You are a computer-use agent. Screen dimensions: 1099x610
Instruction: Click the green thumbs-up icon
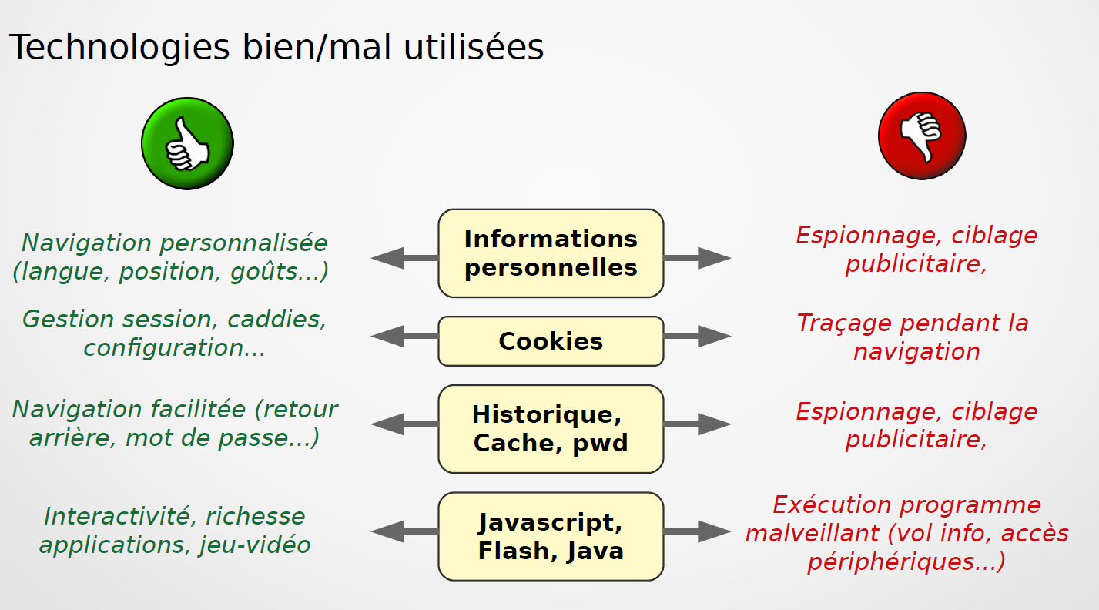tap(187, 143)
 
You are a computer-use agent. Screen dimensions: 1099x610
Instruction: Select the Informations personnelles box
tap(551, 253)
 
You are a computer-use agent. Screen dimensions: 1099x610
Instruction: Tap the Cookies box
tap(551, 341)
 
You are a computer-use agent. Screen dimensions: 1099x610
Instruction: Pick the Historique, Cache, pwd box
tap(551, 429)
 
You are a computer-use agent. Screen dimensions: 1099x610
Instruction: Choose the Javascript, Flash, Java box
tap(551, 537)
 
